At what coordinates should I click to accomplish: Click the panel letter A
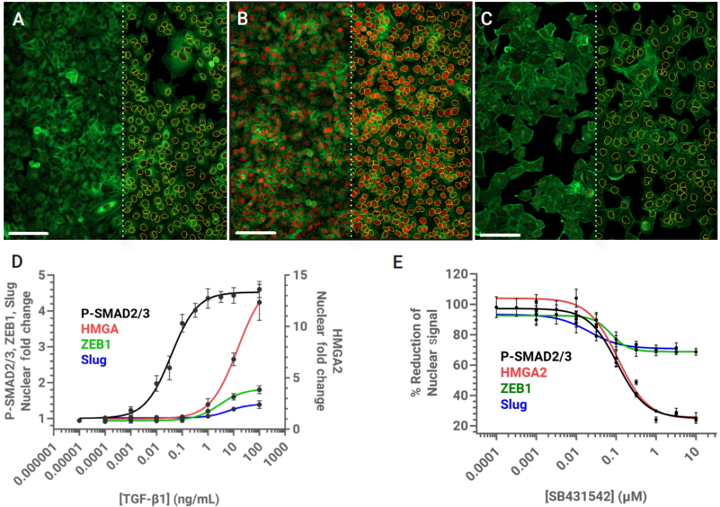click(19, 19)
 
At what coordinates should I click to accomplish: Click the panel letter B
click(243, 19)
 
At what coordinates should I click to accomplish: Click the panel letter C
click(487, 19)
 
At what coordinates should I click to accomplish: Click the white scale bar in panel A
click(28, 234)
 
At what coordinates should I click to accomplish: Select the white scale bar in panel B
click(255, 233)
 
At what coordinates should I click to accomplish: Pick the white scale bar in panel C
click(499, 235)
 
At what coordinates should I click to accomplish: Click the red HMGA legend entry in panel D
click(99, 327)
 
